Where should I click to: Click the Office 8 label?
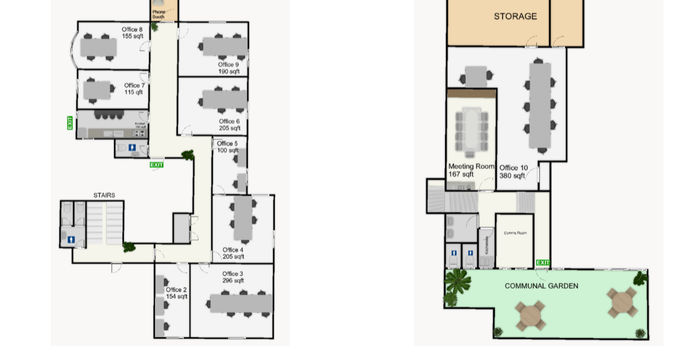132,33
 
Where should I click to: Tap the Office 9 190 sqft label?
229,68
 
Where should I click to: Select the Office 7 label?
135,89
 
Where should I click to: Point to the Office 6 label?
229,125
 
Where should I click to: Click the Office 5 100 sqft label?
228,147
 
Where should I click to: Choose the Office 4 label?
233,253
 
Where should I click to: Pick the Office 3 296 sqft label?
232,277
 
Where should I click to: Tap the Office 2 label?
176,293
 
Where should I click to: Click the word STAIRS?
103,195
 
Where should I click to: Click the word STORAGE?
515,17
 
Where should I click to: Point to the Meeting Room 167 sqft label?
471,170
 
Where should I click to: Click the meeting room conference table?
472,128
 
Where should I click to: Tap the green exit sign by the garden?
543,263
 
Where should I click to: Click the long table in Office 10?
540,100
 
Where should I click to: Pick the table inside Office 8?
100,46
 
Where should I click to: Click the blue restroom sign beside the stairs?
70,239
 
